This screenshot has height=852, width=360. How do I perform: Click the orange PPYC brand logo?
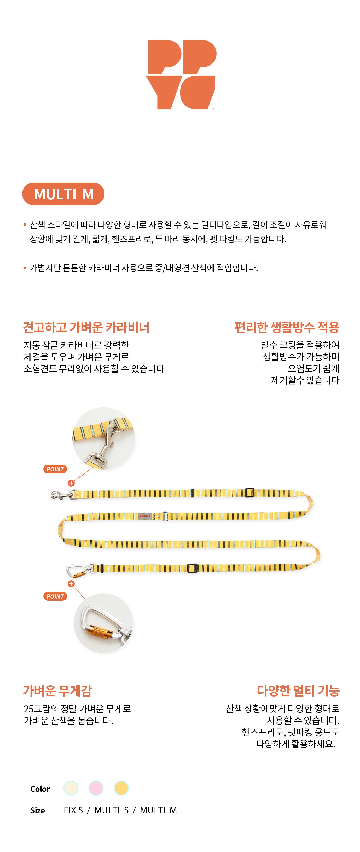pos(181,75)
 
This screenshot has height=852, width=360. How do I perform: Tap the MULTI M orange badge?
pos(63,194)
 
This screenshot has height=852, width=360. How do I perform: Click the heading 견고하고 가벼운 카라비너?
pos(86,327)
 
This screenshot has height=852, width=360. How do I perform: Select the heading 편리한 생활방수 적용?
pos(287,327)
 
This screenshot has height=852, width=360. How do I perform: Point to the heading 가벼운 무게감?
pos(57,691)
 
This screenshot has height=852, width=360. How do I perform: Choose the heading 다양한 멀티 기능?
pos(298,691)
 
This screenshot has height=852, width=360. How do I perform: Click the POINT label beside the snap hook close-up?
pos(55,469)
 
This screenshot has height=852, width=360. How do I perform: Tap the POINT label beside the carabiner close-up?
pos(55,596)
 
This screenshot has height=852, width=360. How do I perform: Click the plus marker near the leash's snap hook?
pos(71,483)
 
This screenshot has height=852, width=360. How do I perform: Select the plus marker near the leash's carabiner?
pos(71,584)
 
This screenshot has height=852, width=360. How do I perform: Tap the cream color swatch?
pos(71,788)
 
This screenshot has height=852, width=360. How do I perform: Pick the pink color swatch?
pos(96,788)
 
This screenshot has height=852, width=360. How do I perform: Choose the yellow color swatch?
pos(121,788)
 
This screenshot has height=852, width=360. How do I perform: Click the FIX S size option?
pos(73,810)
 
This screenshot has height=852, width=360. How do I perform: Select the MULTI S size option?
pos(111,810)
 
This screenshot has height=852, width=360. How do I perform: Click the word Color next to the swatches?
pos(40,789)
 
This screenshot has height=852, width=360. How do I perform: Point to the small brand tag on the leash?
pos(145,516)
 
